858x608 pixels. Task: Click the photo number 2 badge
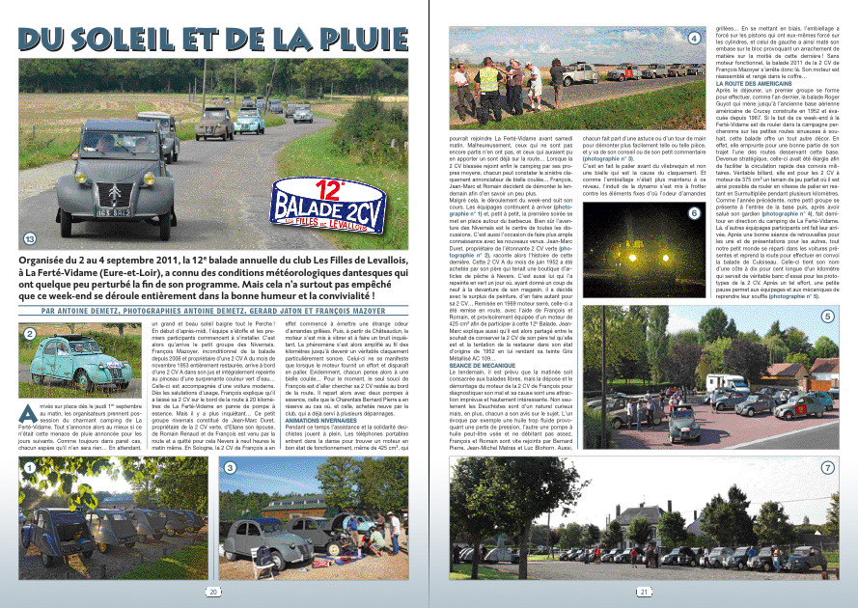pos(31,333)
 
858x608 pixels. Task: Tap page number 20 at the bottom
pos(211,592)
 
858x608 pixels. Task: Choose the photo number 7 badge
pos(827,467)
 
